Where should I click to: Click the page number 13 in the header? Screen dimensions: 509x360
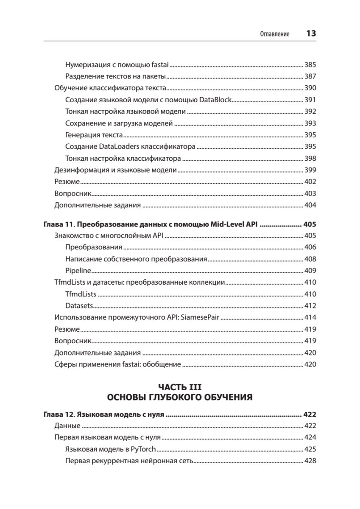311,34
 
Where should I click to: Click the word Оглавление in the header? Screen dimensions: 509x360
275,34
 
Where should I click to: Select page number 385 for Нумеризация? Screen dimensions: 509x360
310,65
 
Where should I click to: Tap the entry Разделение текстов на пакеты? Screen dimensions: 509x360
115,77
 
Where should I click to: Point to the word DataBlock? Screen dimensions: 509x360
216,100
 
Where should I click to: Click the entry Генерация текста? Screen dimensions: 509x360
94,135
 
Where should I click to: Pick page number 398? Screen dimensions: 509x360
310,159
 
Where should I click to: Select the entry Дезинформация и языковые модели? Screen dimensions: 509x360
115,170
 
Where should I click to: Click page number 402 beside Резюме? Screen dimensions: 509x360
310,182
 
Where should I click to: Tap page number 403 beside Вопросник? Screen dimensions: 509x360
310,193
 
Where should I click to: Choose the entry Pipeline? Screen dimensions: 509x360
78,270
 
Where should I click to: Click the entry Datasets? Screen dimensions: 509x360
79,305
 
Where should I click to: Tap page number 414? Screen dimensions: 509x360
310,317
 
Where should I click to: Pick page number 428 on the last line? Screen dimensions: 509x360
310,461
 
